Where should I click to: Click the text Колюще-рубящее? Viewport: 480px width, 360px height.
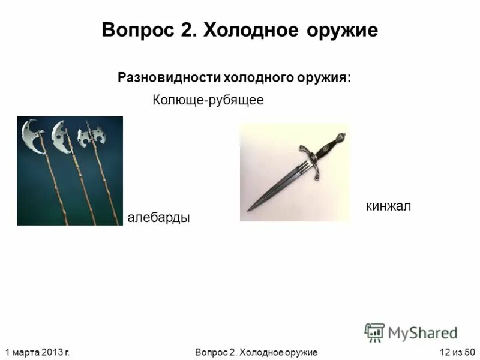point(208,100)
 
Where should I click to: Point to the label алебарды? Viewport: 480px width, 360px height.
point(158,217)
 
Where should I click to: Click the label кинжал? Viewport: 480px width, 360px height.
point(388,206)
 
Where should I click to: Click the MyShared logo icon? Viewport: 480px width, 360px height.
point(374,332)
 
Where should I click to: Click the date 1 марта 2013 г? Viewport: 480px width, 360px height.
point(37,352)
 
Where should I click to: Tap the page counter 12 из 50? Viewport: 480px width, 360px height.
point(457,352)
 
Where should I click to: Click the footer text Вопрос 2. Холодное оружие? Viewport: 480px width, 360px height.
point(256,352)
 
